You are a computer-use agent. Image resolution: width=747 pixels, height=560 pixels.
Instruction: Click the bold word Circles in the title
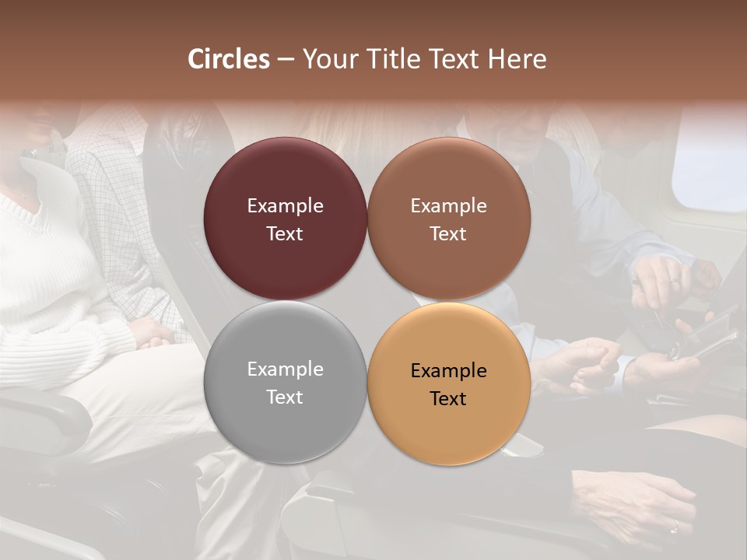click(228, 59)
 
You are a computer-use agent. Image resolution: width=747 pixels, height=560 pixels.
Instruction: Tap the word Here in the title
click(517, 59)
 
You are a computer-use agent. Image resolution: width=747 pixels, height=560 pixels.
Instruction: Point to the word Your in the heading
click(327, 59)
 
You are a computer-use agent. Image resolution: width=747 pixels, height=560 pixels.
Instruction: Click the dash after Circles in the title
click(286, 60)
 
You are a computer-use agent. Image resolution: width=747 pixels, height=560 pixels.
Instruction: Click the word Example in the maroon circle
click(285, 206)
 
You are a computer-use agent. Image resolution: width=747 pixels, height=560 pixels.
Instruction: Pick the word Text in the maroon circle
click(285, 234)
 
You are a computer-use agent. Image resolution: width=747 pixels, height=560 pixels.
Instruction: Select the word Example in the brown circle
click(448, 206)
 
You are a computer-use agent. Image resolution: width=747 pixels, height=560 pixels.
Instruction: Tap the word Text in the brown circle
click(448, 234)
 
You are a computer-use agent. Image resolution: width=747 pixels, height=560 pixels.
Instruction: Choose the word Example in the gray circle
click(285, 369)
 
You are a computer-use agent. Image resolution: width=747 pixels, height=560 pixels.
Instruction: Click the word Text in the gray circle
click(285, 397)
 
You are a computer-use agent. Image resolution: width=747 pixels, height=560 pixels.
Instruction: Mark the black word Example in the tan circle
click(448, 371)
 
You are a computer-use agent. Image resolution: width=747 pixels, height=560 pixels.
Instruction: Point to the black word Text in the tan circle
click(448, 399)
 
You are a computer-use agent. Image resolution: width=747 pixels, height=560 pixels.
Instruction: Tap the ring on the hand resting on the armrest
click(675, 526)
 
